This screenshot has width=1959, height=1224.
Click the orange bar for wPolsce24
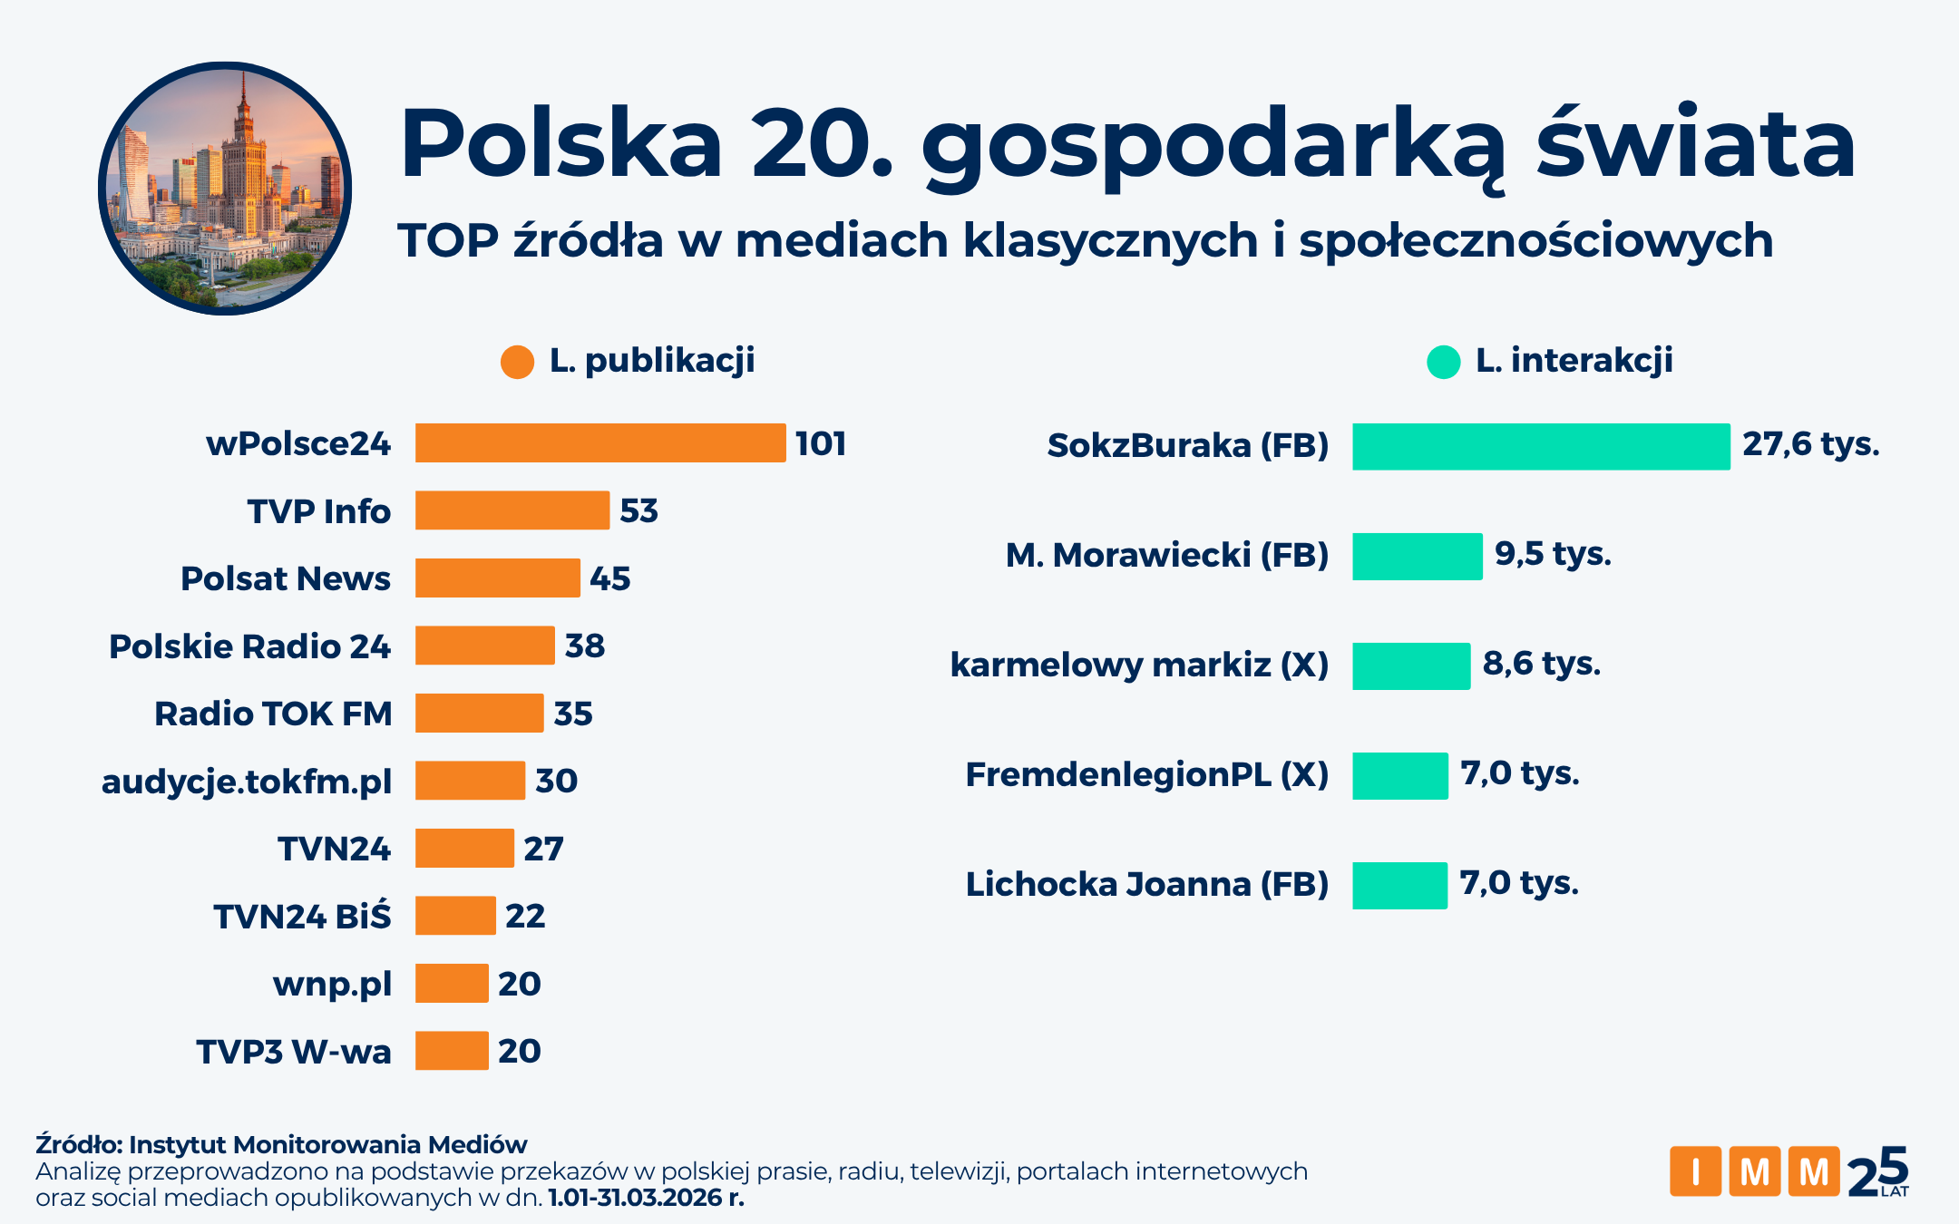[600, 443]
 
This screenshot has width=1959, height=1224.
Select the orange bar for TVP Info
[512, 510]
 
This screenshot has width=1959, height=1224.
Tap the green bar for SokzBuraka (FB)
[1541, 446]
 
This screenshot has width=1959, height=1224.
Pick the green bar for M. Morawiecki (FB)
[1417, 556]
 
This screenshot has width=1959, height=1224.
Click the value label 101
[821, 443]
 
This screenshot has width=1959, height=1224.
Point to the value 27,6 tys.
[1810, 444]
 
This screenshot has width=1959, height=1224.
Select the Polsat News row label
[286, 578]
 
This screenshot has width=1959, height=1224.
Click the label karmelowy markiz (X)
[1139, 665]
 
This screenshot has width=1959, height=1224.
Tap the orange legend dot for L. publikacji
[517, 362]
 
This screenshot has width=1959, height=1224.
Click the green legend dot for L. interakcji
[1443, 362]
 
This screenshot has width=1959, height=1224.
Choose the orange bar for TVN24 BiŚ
[455, 916]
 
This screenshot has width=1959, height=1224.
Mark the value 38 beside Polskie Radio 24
[585, 646]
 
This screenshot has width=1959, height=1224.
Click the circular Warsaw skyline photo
[225, 189]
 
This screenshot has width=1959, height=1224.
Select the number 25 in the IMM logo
[1877, 1171]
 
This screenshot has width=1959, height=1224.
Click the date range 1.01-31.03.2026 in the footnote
[635, 1198]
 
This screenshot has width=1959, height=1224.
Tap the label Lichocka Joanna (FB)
[1146, 884]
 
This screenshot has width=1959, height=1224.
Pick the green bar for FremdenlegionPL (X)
[1399, 776]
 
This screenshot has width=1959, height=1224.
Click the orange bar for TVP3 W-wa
[452, 1051]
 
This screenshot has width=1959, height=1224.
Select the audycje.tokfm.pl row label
[247, 782]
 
